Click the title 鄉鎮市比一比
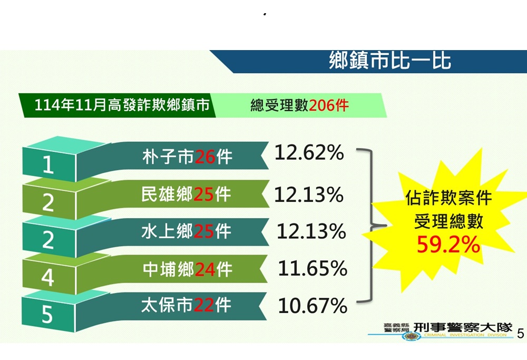click(390, 61)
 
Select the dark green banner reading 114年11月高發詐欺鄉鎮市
click(122, 105)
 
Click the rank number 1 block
click(48, 166)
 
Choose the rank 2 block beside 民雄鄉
click(48, 202)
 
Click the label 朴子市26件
click(187, 157)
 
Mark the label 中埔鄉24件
click(187, 269)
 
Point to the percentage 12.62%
click(309, 153)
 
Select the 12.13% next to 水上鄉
click(311, 231)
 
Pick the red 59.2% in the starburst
click(448, 244)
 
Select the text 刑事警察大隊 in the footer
click(463, 327)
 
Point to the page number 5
click(521, 333)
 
